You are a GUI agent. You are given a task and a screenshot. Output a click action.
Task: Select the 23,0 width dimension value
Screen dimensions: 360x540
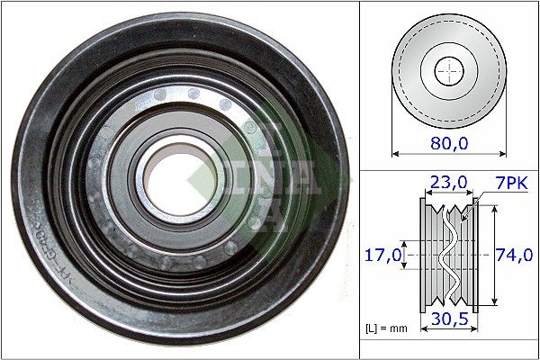coord(447,182)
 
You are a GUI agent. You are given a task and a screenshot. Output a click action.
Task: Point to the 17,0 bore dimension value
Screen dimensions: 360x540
coord(382,255)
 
